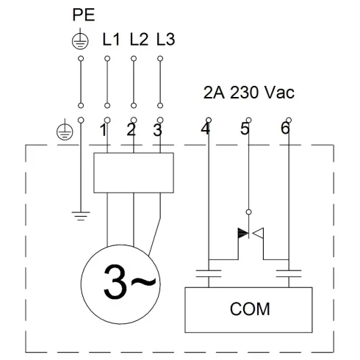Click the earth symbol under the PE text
point(79,42)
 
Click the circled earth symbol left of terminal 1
point(64,132)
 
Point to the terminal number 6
point(285,130)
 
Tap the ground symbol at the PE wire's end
point(79,215)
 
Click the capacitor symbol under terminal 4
point(209,278)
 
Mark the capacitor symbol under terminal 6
point(289,278)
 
